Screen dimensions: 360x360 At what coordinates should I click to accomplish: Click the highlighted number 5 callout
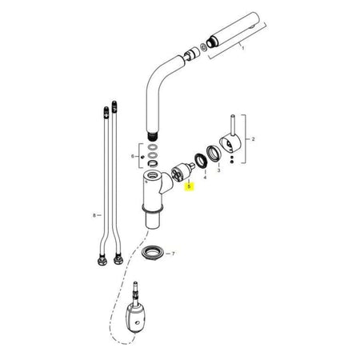tap(189, 186)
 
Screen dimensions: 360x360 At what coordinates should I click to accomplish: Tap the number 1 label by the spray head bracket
tap(242, 48)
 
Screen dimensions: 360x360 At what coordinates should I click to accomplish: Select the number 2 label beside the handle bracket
tap(253, 139)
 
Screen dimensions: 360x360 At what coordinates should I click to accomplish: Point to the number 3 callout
tap(218, 170)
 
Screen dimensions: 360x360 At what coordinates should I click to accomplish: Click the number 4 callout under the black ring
tap(205, 178)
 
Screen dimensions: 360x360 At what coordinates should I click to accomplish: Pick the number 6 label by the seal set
tap(133, 156)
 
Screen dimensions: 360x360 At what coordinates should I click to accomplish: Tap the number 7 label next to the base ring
tap(174, 254)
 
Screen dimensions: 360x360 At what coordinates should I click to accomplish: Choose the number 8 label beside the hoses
tap(94, 215)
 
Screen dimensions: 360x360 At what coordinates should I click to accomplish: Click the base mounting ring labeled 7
tap(152, 253)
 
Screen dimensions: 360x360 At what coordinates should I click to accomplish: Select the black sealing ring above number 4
tap(201, 162)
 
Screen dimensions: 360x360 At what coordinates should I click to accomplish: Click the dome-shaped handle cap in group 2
tap(230, 144)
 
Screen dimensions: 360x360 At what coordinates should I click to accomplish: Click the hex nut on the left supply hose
tap(102, 260)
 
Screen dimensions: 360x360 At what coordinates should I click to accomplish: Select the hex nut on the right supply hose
tap(118, 259)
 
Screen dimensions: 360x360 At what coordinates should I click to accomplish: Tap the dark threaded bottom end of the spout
tap(152, 136)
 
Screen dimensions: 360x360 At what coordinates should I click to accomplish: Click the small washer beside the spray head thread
tap(204, 47)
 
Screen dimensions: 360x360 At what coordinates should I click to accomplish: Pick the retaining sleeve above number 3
tap(214, 154)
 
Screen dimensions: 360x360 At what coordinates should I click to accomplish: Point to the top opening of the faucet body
tap(153, 175)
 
